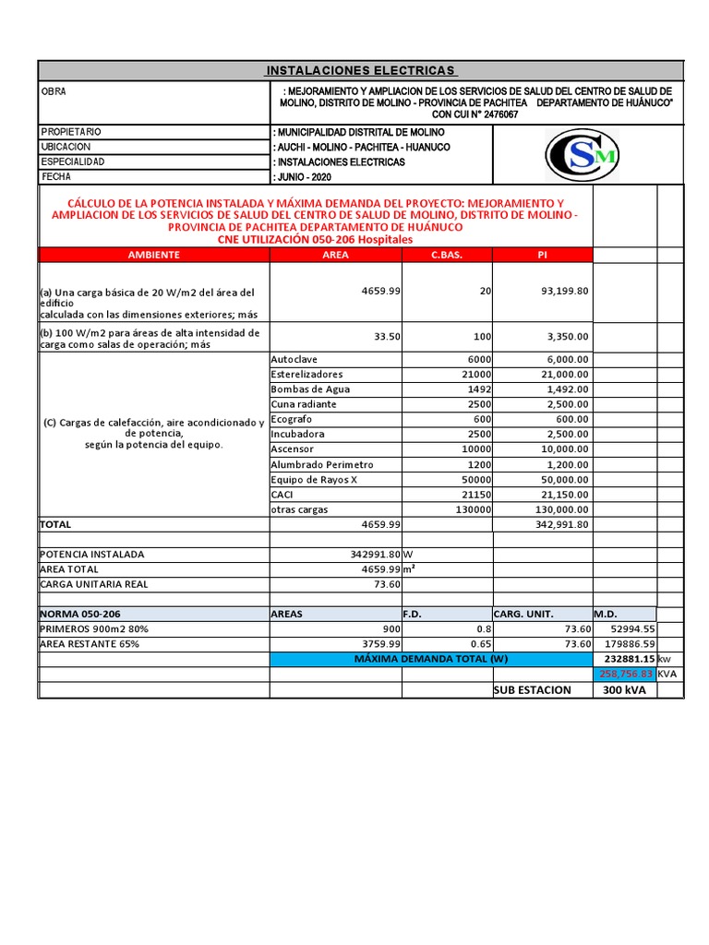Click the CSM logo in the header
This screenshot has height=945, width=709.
(x=582, y=155)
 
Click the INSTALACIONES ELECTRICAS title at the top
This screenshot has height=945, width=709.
(x=360, y=70)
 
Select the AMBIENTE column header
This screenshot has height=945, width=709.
(x=153, y=255)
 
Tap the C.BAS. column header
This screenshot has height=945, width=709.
(x=447, y=255)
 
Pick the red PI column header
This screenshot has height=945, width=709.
(x=543, y=255)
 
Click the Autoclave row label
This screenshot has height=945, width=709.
(x=294, y=359)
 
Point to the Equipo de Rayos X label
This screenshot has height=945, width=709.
(x=314, y=480)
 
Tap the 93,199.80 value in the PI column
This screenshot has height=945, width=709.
(x=564, y=291)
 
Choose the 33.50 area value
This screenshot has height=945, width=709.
(x=387, y=337)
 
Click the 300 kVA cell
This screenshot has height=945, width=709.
(x=624, y=690)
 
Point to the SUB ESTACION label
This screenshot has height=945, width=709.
(x=533, y=690)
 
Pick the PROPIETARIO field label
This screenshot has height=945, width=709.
(x=71, y=132)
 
